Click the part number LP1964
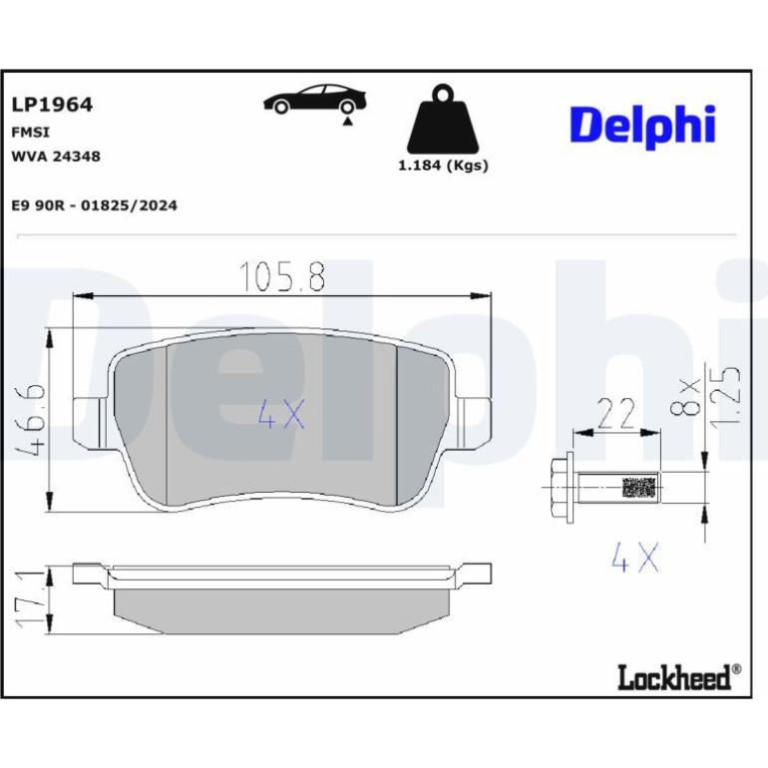click(x=52, y=105)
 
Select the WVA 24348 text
click(x=56, y=157)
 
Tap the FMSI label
click(x=30, y=133)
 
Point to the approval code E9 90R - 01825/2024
click(x=94, y=205)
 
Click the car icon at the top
click(x=315, y=100)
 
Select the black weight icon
click(x=443, y=119)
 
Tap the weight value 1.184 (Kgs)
click(x=443, y=166)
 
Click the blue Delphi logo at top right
click(x=642, y=127)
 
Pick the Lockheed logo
click(x=679, y=677)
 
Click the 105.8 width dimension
click(x=282, y=276)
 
